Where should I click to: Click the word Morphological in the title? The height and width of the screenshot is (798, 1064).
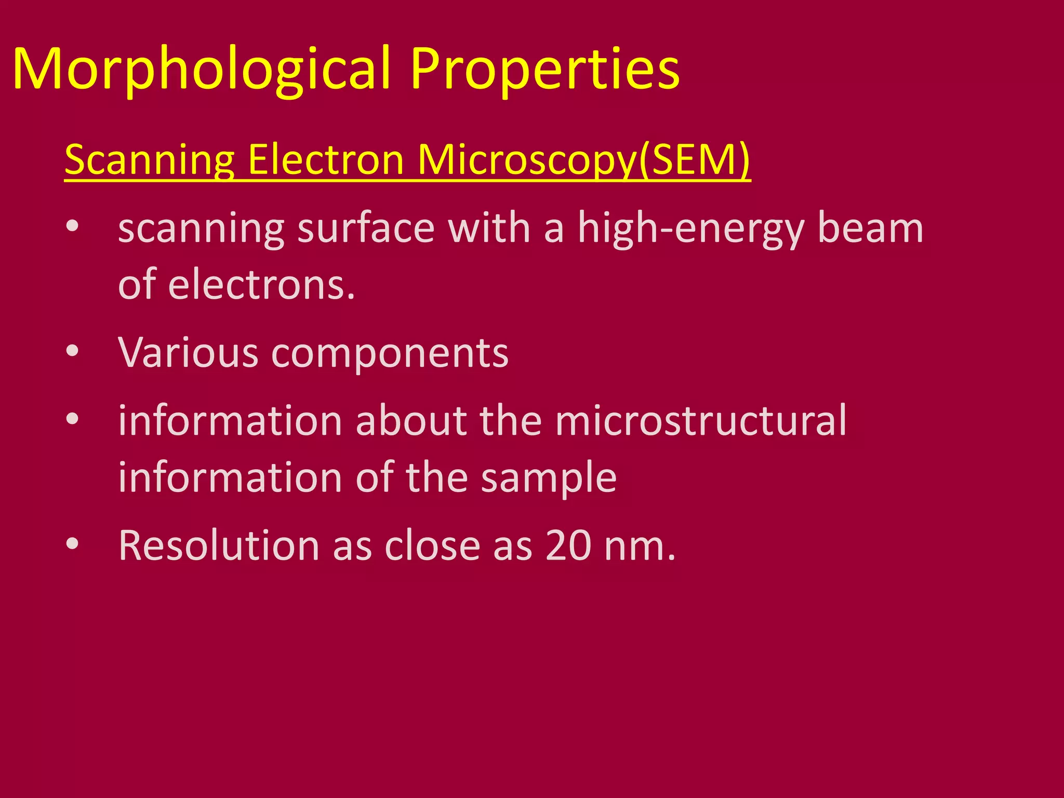(202, 70)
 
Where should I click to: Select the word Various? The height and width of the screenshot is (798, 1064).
(188, 353)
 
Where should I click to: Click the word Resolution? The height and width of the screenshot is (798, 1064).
(219, 546)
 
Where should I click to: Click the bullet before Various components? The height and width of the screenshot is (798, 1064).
(72, 351)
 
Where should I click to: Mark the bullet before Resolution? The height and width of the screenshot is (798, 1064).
(72, 544)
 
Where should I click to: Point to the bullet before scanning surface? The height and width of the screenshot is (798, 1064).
(72, 226)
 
